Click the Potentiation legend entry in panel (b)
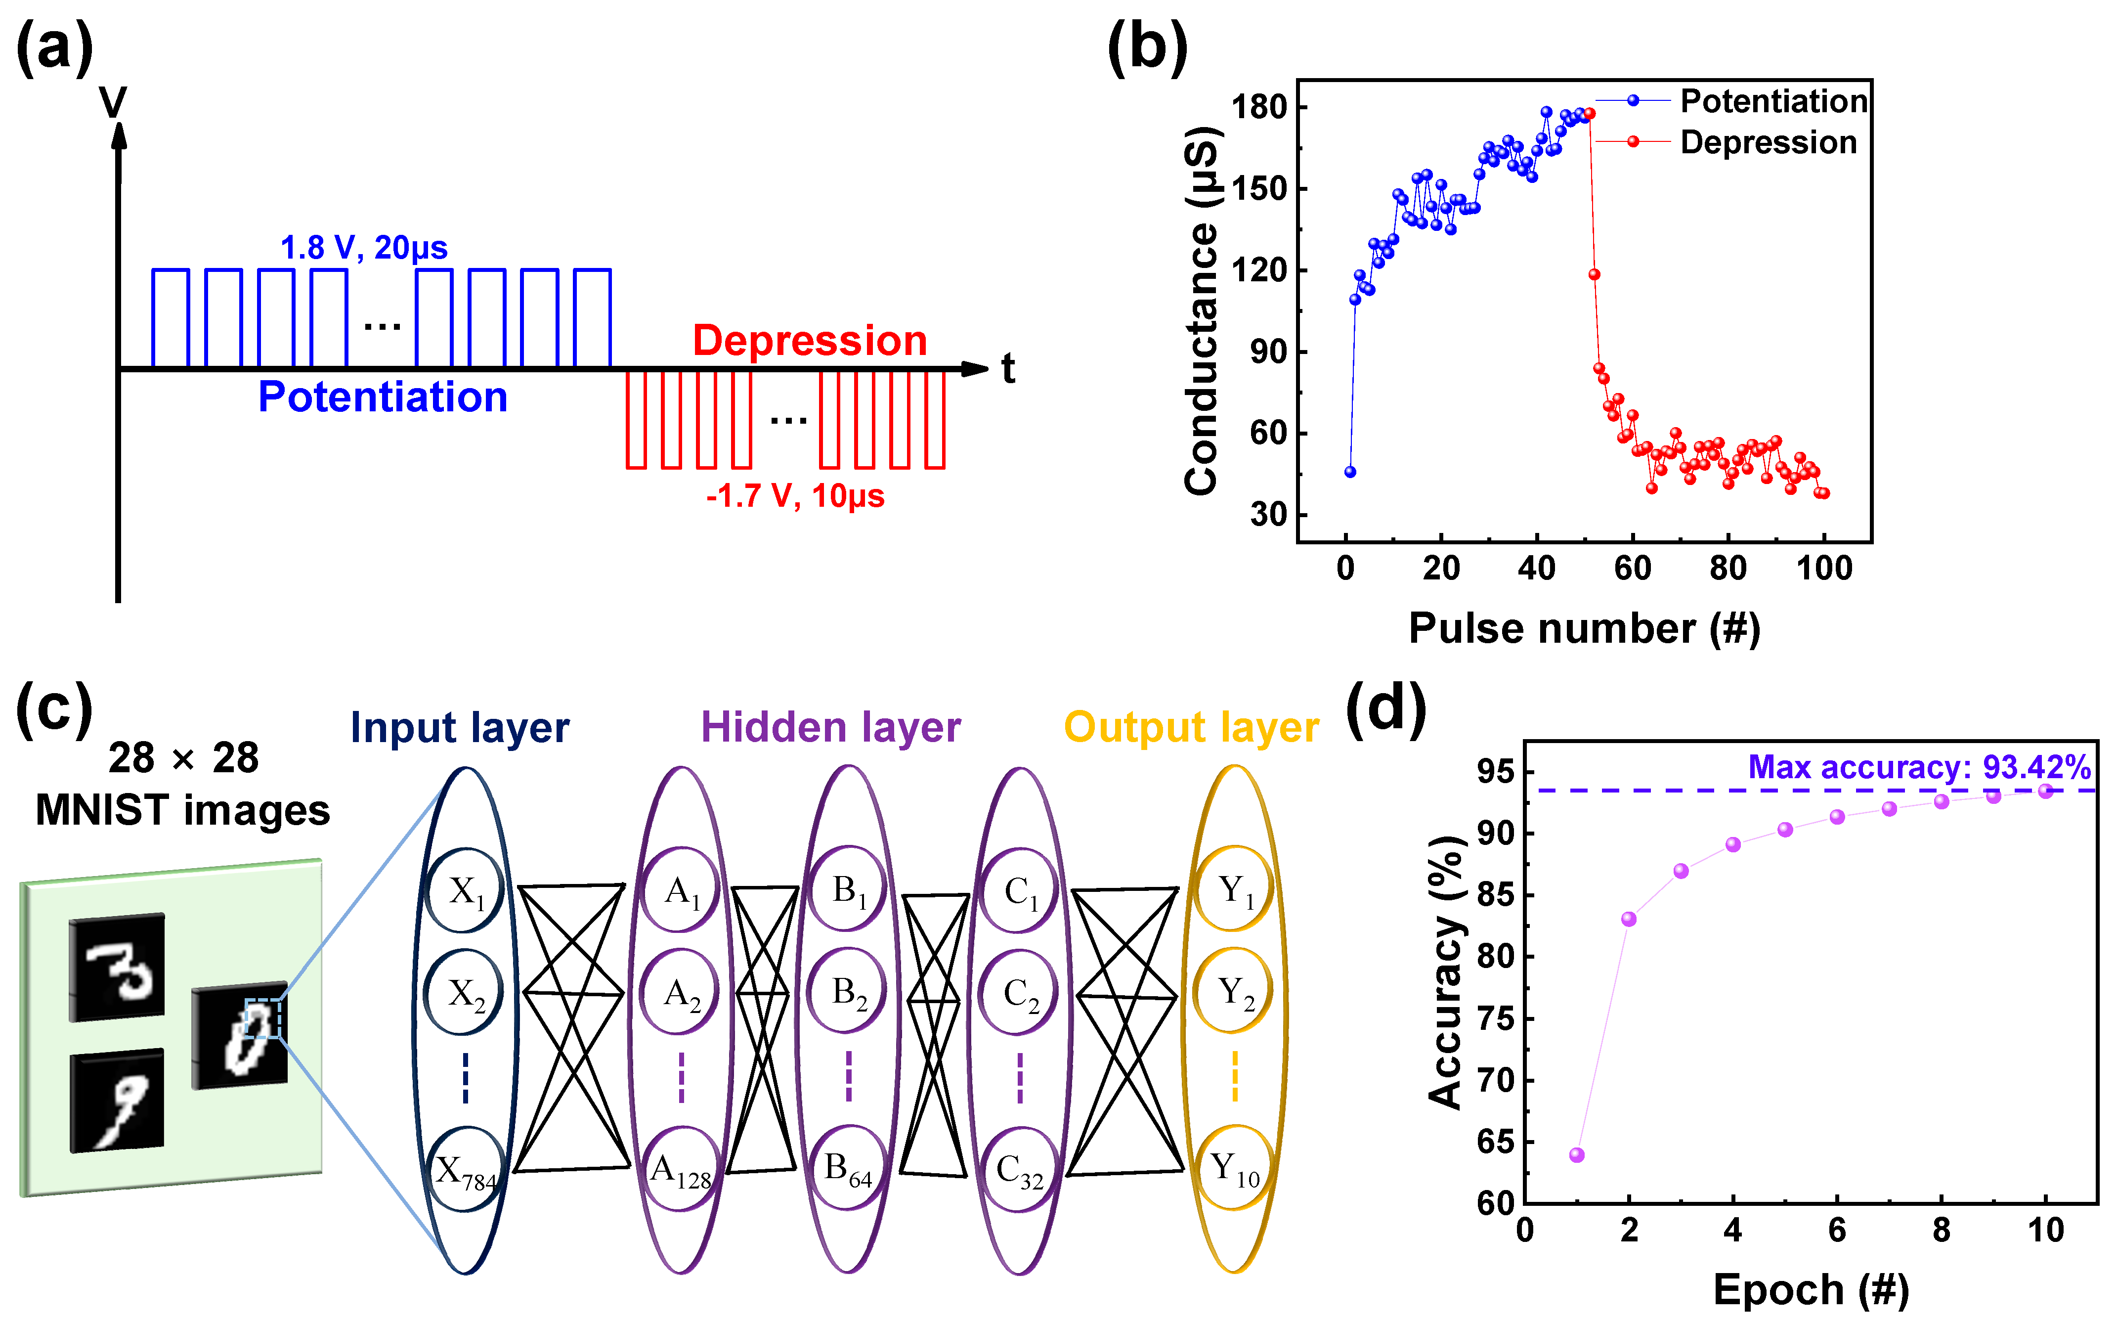point(1773,101)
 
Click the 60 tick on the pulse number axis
point(1633,569)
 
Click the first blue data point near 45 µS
point(1350,472)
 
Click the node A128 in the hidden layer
point(681,1170)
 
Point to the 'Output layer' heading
point(1191,727)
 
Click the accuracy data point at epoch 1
point(1576,1155)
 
